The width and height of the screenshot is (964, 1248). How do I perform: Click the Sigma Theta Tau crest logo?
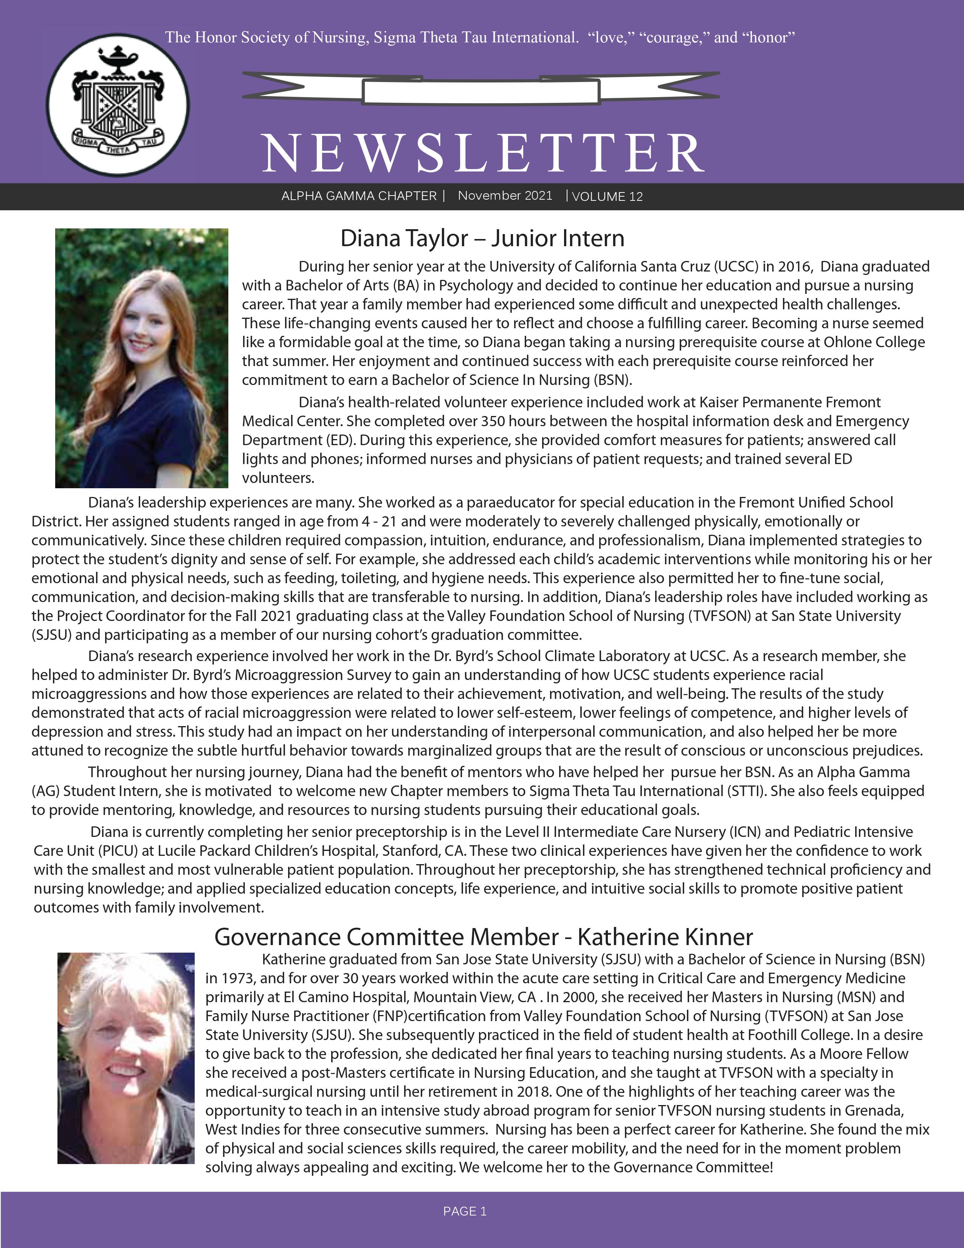click(118, 105)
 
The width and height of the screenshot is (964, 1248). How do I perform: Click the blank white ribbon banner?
click(481, 90)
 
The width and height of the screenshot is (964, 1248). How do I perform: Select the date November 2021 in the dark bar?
click(505, 196)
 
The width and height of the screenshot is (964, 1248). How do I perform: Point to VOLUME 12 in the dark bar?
click(607, 197)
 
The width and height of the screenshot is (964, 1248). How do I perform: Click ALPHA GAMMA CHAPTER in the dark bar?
click(359, 196)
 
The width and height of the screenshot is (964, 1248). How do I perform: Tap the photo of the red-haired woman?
click(142, 358)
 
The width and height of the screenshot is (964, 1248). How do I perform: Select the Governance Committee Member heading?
click(483, 937)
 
